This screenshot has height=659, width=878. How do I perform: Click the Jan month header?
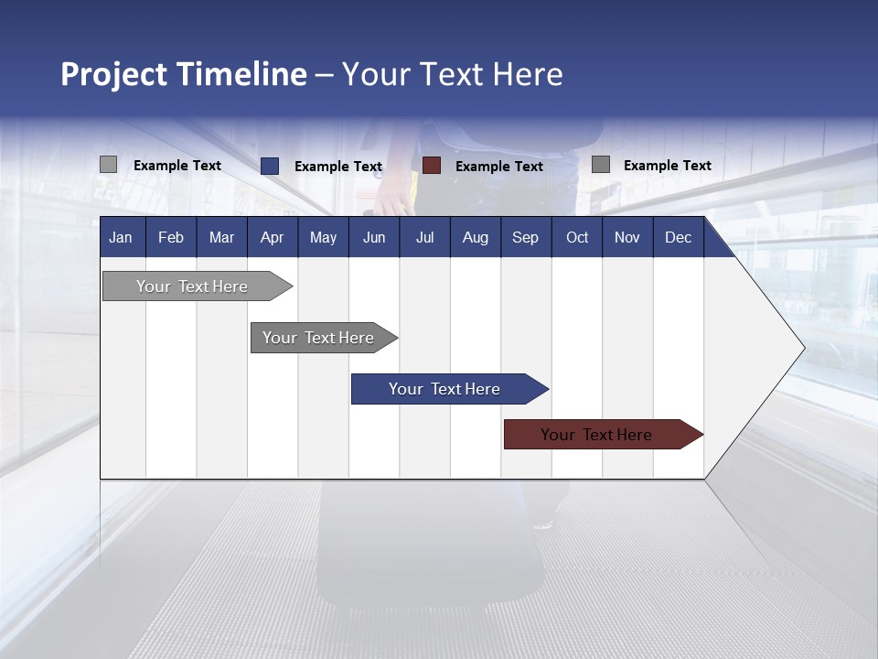121,237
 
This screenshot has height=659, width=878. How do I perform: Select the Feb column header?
171,237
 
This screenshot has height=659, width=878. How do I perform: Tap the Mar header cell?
221,237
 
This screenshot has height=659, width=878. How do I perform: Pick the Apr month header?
272,237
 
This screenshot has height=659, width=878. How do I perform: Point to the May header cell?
323,237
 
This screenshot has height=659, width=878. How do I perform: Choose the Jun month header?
374,237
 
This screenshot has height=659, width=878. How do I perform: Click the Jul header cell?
424,237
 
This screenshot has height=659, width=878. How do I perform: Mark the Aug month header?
475,237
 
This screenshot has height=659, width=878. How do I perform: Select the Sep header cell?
525,237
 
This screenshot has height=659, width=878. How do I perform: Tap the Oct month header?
577,237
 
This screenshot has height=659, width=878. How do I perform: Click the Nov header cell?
627,237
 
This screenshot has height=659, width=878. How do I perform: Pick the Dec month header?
678,237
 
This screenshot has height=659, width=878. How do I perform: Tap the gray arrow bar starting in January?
192,286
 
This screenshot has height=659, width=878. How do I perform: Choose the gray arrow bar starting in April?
318,338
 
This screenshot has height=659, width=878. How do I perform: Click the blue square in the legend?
269,166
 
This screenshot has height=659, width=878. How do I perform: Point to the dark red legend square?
432,166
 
